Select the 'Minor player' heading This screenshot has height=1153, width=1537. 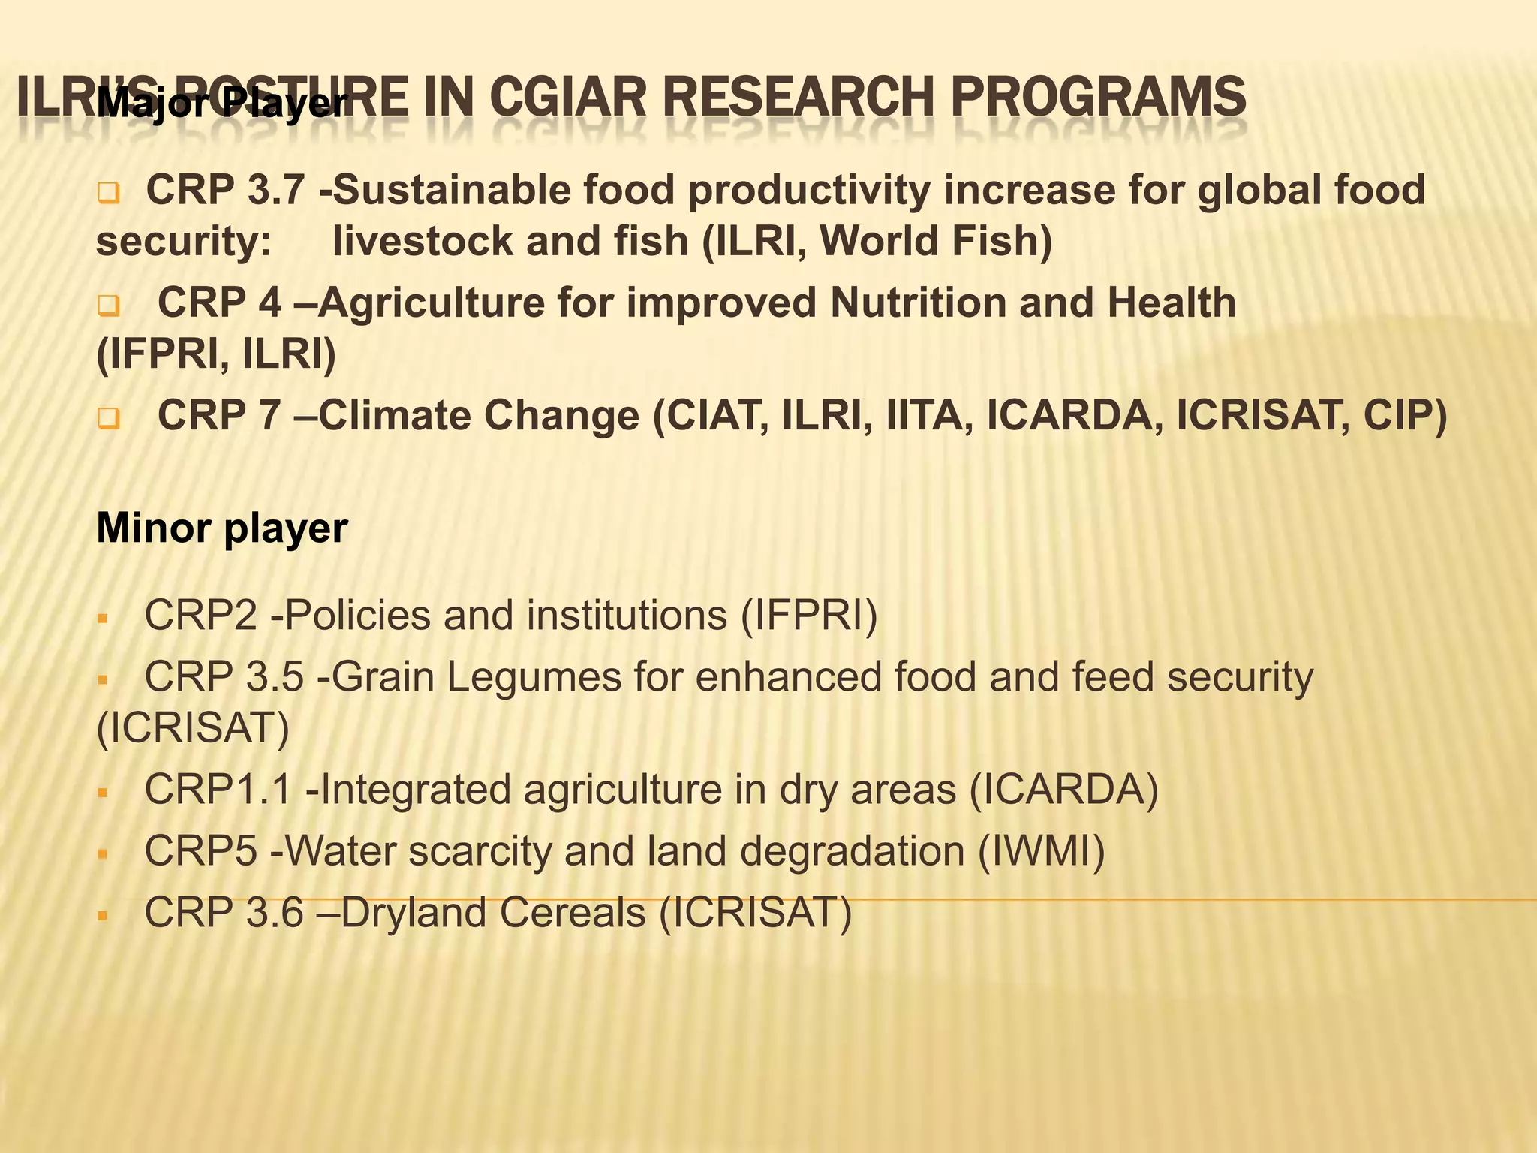pos(222,528)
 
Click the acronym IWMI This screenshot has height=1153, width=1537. pos(1042,851)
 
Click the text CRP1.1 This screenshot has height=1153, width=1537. pos(218,790)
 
